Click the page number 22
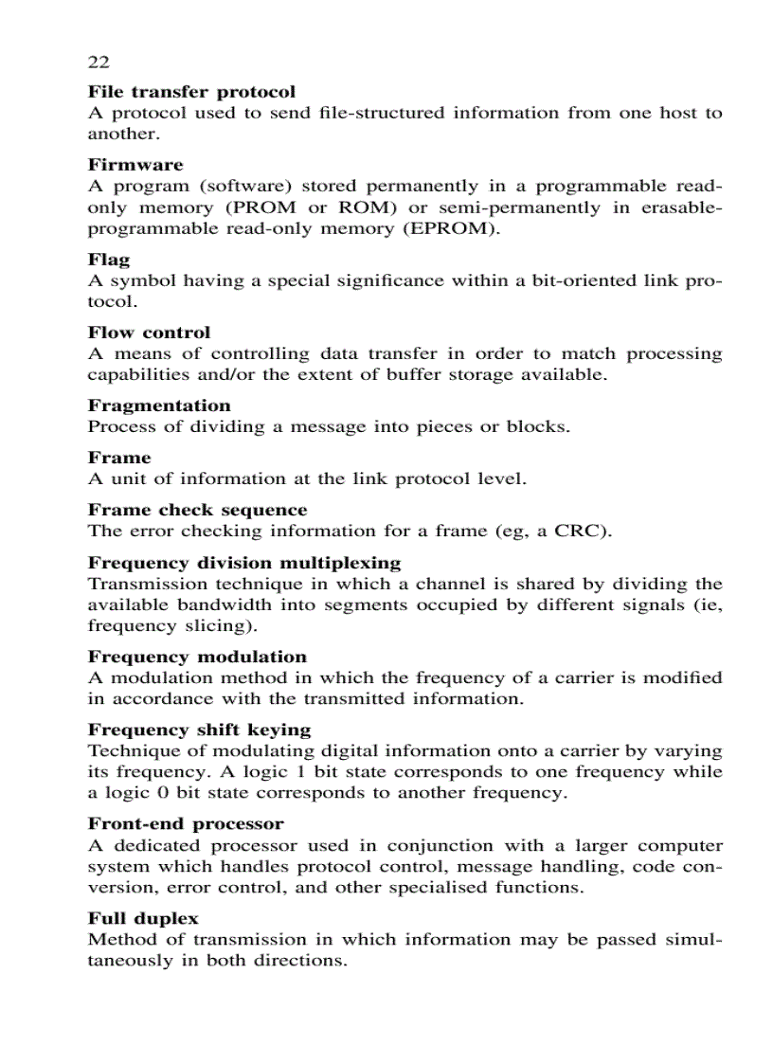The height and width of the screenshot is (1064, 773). [99, 63]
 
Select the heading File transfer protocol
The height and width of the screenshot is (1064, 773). [191, 92]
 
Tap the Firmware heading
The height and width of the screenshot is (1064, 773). [135, 165]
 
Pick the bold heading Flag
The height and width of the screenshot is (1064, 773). [109, 260]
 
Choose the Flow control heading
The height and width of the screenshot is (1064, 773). [149, 333]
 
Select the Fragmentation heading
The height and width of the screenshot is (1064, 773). [159, 406]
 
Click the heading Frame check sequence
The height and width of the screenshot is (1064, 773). [197, 510]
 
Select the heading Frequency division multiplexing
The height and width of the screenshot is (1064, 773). [244, 563]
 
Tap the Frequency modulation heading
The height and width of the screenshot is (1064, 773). [197, 657]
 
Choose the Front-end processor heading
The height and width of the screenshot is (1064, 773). [186, 823]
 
